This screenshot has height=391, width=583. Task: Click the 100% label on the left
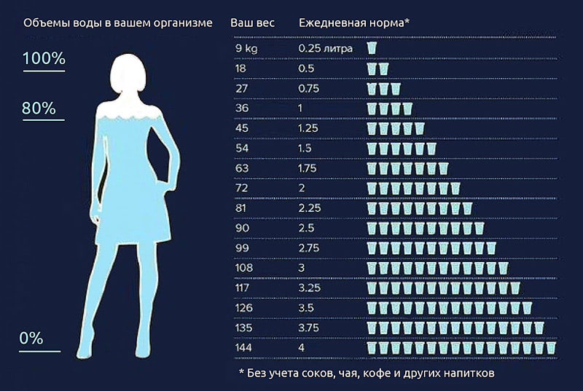coord(44,59)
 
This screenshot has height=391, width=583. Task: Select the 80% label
coord(39,108)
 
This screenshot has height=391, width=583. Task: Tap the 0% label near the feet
coord(31,339)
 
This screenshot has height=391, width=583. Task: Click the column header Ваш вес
coord(252,23)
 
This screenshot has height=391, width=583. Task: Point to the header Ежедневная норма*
coord(354,23)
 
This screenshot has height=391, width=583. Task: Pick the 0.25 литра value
coord(326,48)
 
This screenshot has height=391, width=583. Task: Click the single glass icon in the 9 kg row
coord(372,48)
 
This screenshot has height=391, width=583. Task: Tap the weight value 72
coord(242,189)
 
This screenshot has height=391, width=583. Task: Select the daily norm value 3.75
coord(309,328)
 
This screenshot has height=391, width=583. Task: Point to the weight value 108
coord(244,269)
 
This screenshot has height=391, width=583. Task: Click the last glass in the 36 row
coord(407,108)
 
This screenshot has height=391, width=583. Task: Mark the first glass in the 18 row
coord(372,68)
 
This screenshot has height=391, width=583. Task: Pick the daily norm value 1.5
coord(306,149)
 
